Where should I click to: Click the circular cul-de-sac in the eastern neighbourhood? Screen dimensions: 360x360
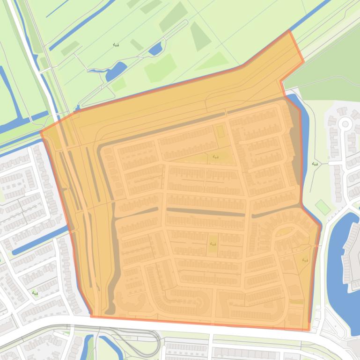point(345,124)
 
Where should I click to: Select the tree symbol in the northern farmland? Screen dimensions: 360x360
point(116,45)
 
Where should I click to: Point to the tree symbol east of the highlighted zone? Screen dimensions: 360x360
point(315,165)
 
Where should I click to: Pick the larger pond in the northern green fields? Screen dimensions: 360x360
point(115,72)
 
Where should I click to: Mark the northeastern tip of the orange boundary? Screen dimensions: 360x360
point(290,32)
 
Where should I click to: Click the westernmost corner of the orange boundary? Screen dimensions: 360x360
point(41,132)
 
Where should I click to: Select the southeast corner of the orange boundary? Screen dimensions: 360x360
point(309,329)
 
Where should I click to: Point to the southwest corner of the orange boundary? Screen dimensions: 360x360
point(91,316)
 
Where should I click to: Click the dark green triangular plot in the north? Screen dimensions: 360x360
point(200,36)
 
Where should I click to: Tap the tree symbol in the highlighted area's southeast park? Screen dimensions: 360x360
point(305,260)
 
